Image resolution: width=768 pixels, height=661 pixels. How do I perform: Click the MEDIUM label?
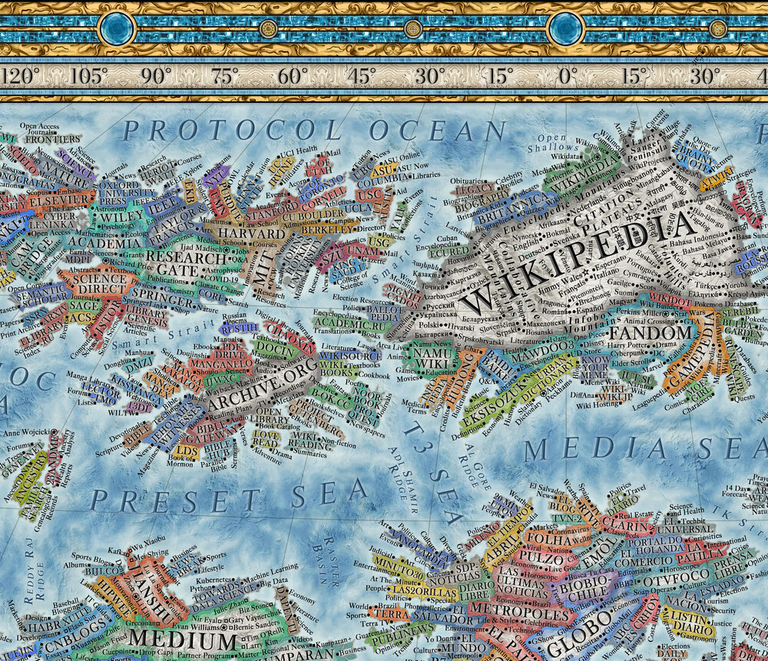point(183,640)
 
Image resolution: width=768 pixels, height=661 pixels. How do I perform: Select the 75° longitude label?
point(224,77)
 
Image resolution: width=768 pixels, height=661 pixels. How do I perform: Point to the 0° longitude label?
point(566,77)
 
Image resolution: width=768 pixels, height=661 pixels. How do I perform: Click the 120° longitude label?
point(21,77)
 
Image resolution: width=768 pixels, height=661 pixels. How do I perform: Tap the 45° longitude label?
point(361,77)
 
